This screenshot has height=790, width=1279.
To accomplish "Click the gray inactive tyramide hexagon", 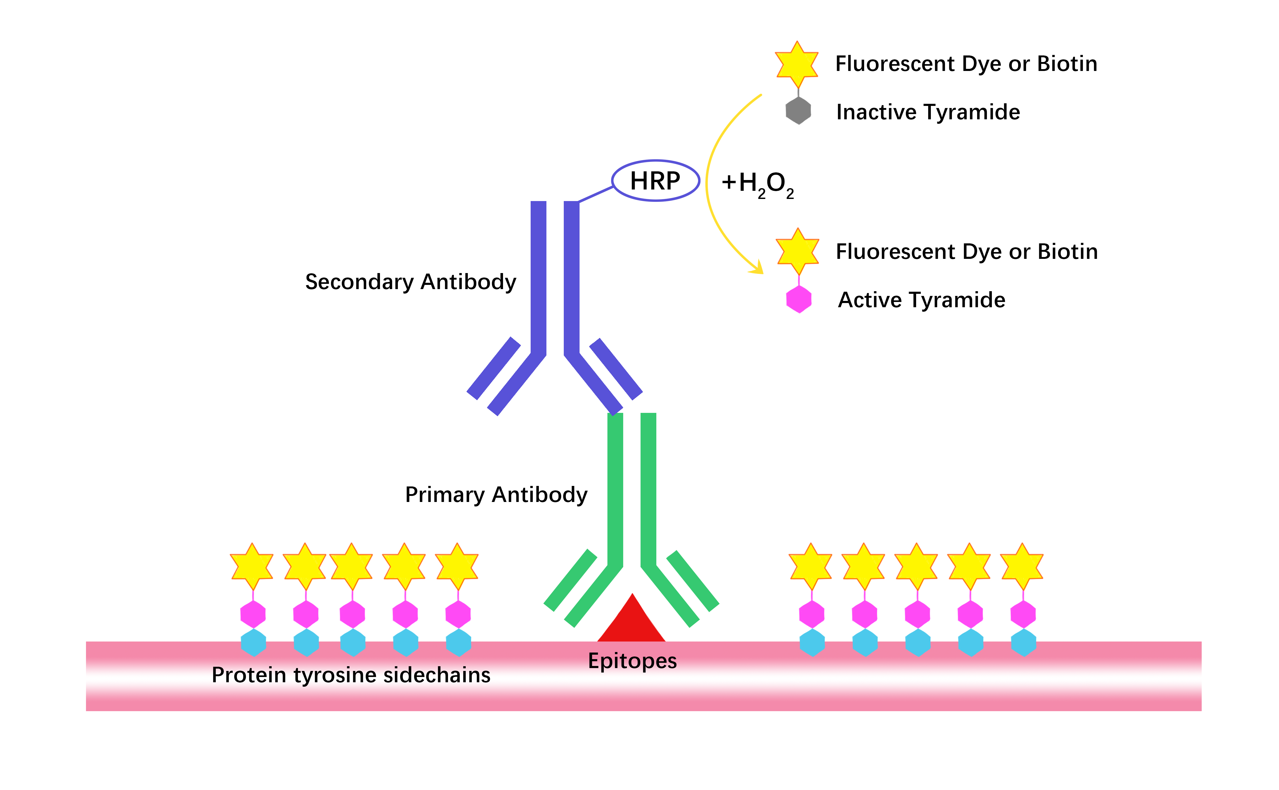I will pyautogui.click(x=798, y=110).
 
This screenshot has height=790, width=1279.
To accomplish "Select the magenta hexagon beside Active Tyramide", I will pyautogui.click(x=799, y=299).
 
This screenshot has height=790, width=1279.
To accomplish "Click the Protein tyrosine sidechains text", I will pyautogui.click(x=351, y=675).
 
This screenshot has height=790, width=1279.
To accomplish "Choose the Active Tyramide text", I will pyautogui.click(x=921, y=300).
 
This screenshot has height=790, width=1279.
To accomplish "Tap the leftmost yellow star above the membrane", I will pyautogui.click(x=252, y=567).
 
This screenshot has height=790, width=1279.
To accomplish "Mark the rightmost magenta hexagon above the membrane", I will pyautogui.click(x=1023, y=614).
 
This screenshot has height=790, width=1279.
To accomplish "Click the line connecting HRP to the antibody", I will pyautogui.click(x=596, y=194).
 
